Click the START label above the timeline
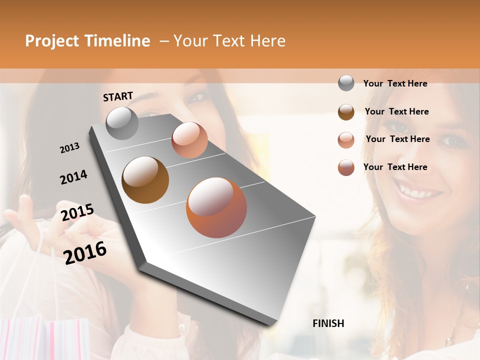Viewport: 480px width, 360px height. coord(118,96)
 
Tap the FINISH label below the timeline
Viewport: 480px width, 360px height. coord(328,323)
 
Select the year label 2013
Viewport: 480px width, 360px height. coord(69,148)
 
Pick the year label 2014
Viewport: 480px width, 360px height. coord(73,177)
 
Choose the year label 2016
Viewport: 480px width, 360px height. coord(85,252)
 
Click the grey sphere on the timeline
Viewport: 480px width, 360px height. coord(122,123)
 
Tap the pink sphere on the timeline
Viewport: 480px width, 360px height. coord(189,140)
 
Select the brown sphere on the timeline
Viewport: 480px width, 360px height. coord(145,180)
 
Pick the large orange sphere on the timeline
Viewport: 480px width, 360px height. coord(216,207)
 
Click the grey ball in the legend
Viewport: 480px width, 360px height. coord(346,83)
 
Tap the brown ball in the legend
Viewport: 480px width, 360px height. coord(346,112)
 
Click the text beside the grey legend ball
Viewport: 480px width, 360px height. coord(395,83)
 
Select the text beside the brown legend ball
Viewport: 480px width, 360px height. coord(396,111)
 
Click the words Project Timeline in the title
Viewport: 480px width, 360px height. coord(87,41)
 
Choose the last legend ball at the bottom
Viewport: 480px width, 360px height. coord(346,167)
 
